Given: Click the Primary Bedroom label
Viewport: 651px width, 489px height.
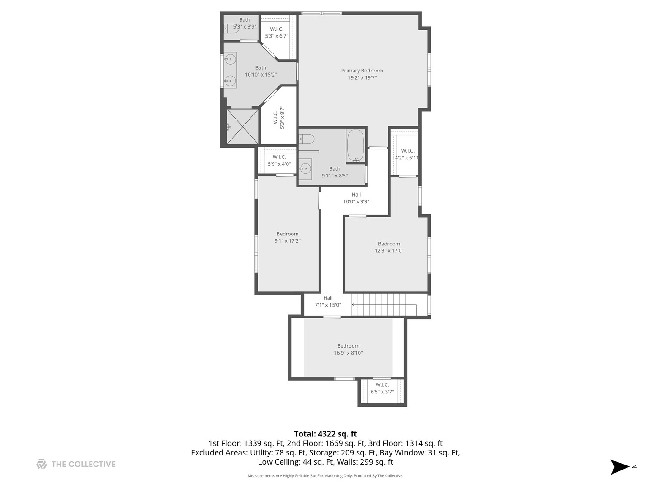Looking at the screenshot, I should (362, 71).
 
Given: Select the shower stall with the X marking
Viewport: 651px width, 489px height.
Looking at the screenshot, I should (243, 126).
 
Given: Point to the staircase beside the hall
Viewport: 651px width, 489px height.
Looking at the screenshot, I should (384, 304).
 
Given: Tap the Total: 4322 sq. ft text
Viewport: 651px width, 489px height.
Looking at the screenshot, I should (325, 434).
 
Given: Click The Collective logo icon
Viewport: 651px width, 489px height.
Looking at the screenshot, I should (42, 464).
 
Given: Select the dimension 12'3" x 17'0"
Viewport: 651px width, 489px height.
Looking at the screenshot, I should (389, 250).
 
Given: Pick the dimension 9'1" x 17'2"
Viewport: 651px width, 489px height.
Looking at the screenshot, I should (288, 241).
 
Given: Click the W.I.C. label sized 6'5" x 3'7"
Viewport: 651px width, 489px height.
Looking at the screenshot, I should (382, 385).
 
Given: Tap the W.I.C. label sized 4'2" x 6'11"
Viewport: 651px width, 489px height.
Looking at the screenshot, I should (407, 151).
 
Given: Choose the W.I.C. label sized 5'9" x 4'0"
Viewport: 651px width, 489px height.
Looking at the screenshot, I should (279, 157).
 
